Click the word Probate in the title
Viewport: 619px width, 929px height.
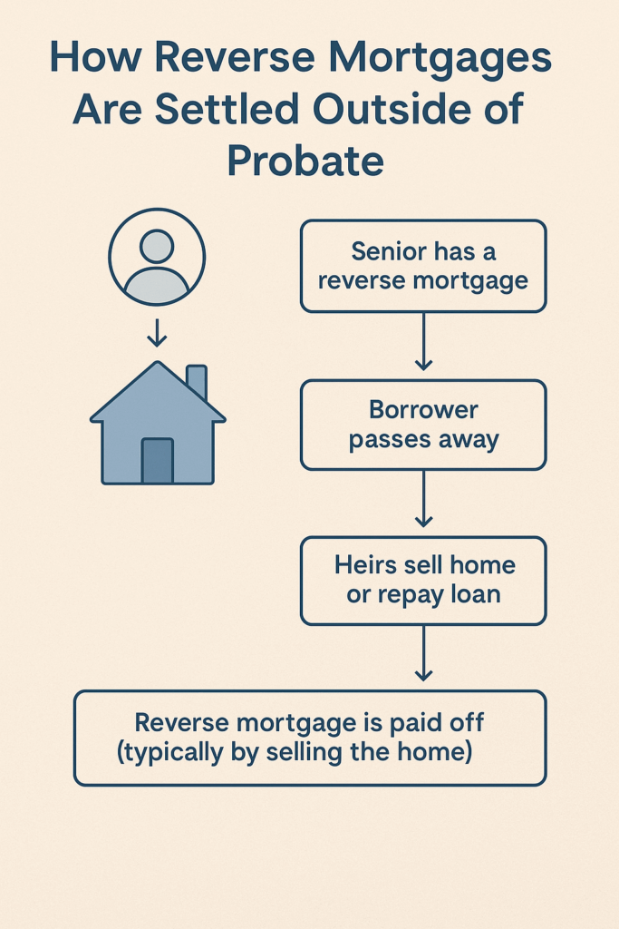pos(305,161)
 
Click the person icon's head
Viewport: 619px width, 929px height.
pos(157,246)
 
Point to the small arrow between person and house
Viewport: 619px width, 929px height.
pos(157,333)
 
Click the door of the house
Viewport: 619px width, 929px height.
pos(158,461)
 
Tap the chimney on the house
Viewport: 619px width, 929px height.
pos(197,381)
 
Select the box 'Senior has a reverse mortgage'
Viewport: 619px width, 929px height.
pos(423,266)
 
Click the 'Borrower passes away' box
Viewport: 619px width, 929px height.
pos(423,425)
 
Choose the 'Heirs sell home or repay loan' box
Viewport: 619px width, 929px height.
pos(423,581)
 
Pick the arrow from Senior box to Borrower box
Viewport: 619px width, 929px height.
pos(423,342)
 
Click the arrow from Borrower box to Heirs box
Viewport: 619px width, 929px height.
pos(423,499)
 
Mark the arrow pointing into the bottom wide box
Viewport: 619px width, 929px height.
pos(423,653)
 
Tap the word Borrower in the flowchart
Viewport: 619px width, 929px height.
pos(423,410)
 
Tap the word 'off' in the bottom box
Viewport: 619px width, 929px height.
pos(467,723)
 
